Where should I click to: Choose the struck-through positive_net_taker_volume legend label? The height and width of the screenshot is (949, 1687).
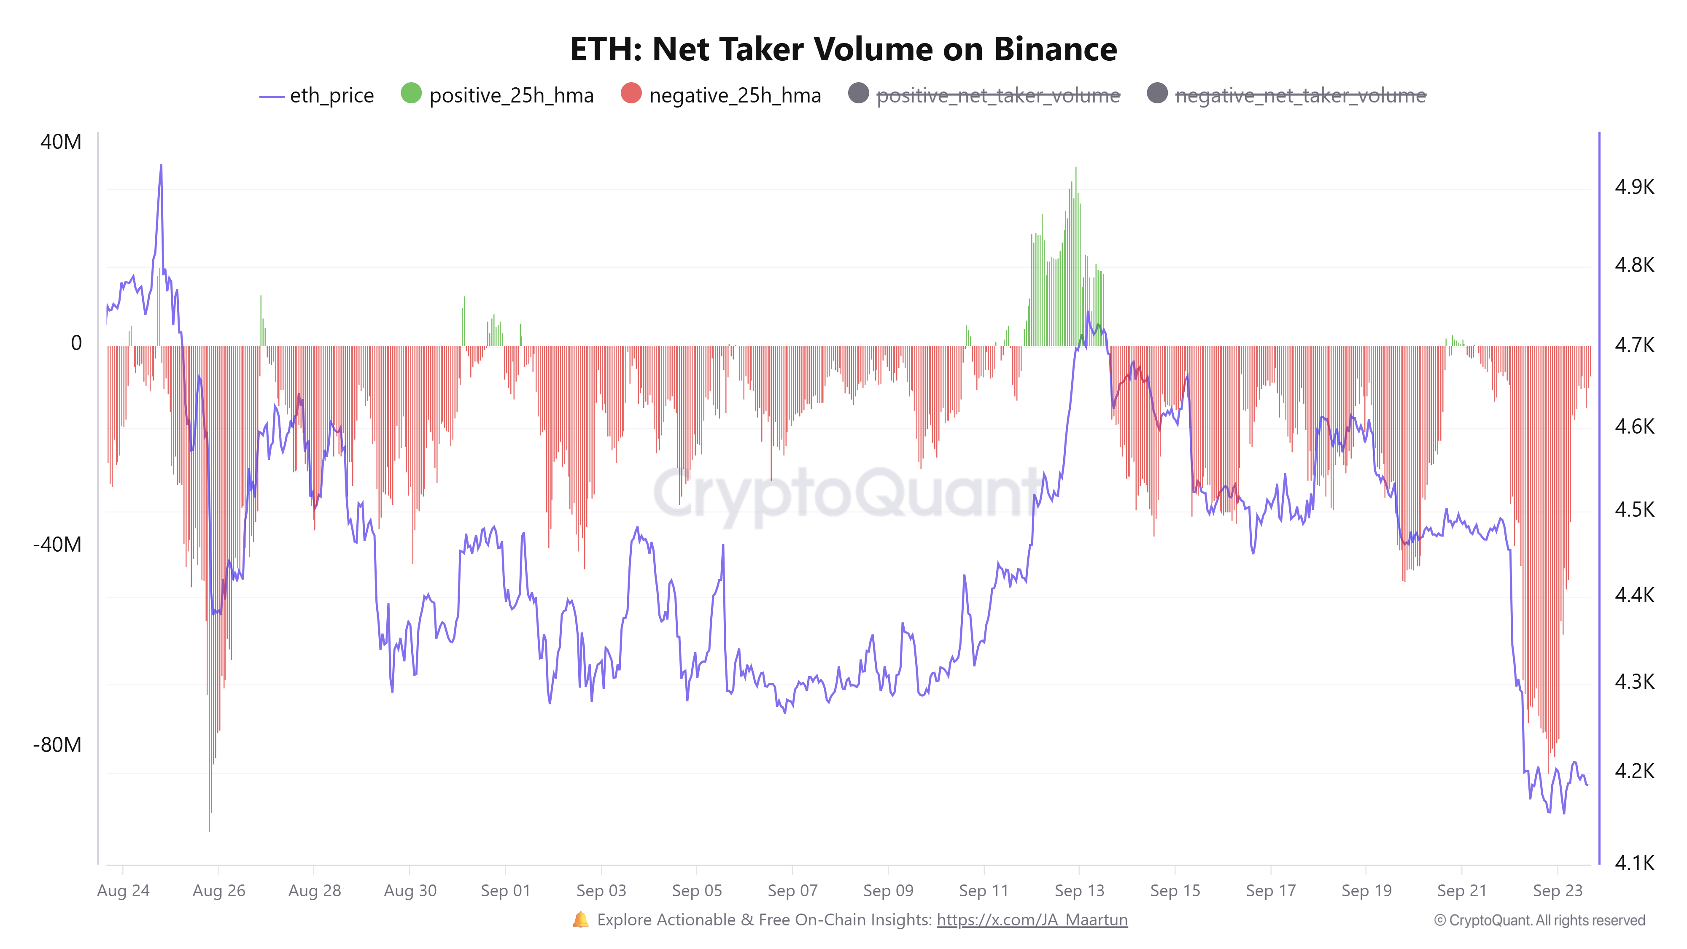pyautogui.click(x=997, y=96)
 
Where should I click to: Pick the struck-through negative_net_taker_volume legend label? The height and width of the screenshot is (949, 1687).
pyautogui.click(x=1300, y=96)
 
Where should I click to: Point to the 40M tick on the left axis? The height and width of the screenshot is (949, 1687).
pyautogui.click(x=61, y=141)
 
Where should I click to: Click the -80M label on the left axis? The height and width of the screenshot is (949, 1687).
pyautogui.click(x=58, y=745)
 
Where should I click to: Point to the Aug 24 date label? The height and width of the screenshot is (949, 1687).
pyautogui.click(x=123, y=891)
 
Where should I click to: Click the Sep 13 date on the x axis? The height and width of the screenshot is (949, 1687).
pyautogui.click(x=1079, y=891)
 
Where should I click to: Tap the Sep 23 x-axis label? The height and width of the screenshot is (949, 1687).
pyautogui.click(x=1558, y=891)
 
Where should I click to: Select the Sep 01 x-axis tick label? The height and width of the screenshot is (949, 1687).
pyautogui.click(x=505, y=891)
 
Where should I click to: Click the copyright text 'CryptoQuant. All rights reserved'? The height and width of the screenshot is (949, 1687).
pyautogui.click(x=1546, y=920)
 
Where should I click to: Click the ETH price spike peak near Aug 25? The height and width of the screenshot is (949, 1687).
pyautogui.click(x=161, y=166)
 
